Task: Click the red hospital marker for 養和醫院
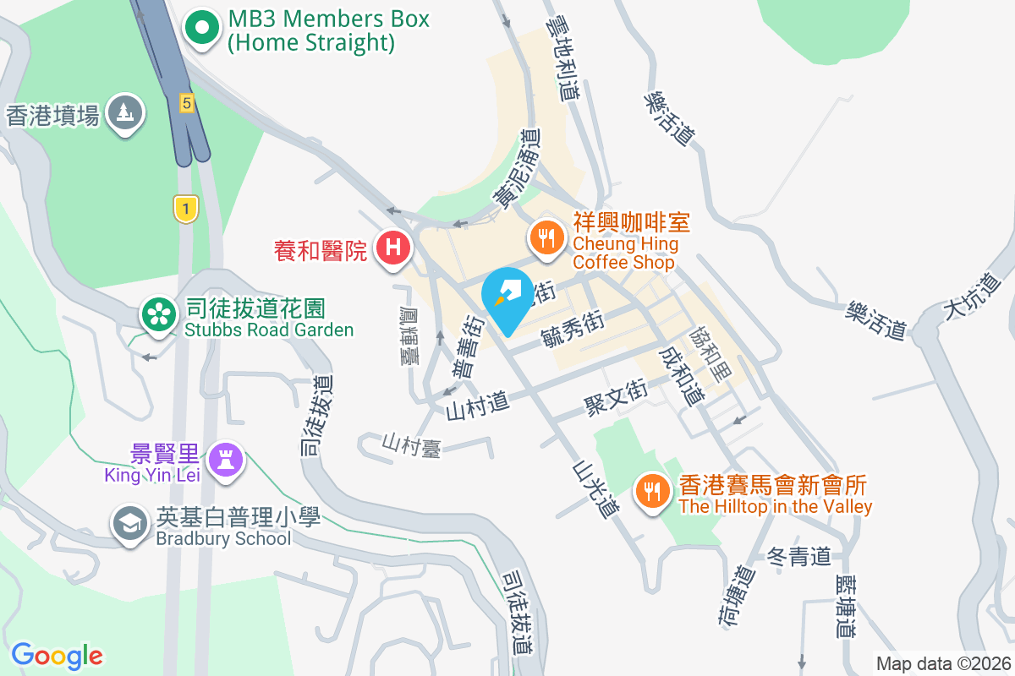coord(392,248)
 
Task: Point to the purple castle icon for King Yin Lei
coord(227,461)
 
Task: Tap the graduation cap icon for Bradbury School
coord(130,525)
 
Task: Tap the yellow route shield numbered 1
coord(185,207)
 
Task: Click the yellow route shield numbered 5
coord(187,103)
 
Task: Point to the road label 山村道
coord(478,408)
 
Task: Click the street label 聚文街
coord(616,397)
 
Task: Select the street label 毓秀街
coord(572,330)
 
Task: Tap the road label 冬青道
coord(798,556)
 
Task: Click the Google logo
coord(57,655)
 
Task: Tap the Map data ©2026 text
coord(942,664)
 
